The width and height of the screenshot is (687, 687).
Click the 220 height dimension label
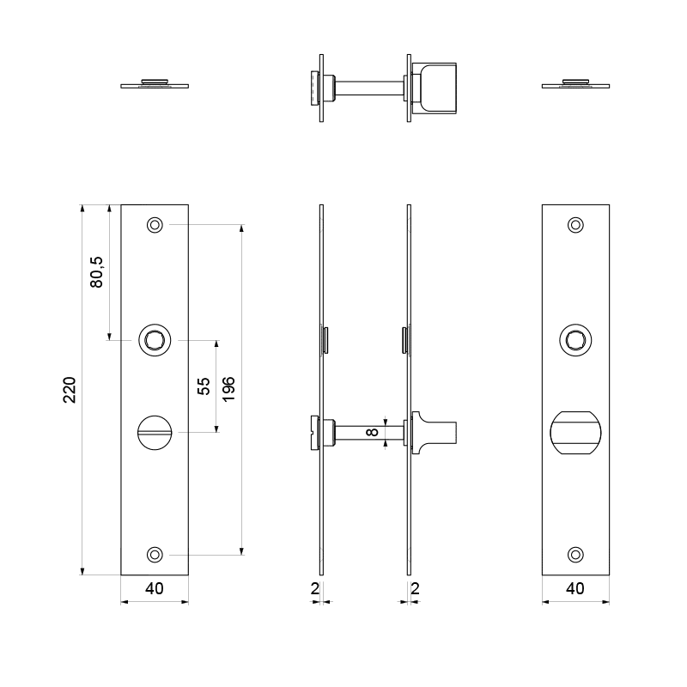click(70, 390)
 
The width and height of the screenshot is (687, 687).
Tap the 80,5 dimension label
click(96, 272)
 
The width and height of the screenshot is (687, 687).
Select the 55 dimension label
click(204, 386)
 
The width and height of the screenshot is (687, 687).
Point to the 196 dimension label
click(228, 389)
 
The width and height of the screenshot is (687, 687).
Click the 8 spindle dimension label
click(372, 432)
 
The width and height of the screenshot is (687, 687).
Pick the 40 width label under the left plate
click(155, 588)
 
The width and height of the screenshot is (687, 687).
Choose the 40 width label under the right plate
click(575, 588)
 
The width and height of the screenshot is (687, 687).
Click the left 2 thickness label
click(314, 588)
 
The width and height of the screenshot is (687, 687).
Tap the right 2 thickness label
click(415, 588)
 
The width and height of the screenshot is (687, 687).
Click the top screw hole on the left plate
click(155, 225)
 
